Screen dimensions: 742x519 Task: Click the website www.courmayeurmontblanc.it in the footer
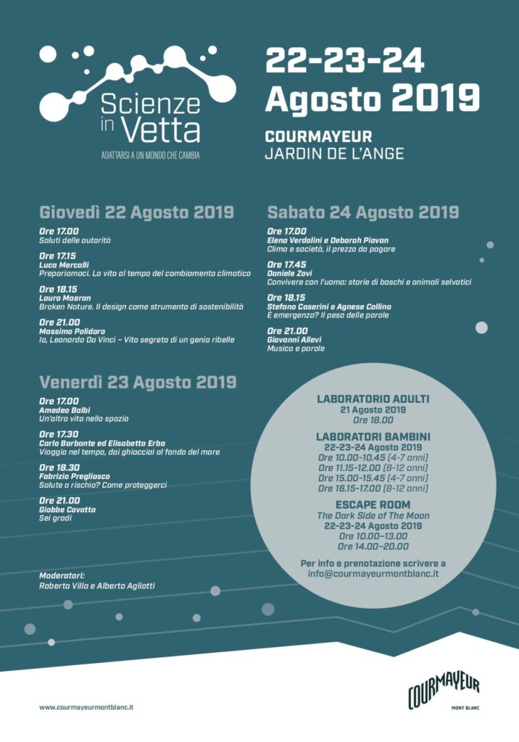pos(91,706)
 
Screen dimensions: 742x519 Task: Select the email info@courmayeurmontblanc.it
pos(373,573)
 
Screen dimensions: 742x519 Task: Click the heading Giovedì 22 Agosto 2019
pos(136,212)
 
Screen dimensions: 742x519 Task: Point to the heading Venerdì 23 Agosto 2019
pos(138,382)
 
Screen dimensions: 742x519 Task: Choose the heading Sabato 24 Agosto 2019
pos(363,212)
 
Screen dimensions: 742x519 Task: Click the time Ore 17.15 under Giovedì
pos(57,256)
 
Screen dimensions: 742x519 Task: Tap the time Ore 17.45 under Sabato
pos(286,264)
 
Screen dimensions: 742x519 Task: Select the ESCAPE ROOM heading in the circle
pos(373,504)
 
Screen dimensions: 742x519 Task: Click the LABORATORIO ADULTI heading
pos(373,399)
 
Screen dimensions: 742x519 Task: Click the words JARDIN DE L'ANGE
pos(334,153)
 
